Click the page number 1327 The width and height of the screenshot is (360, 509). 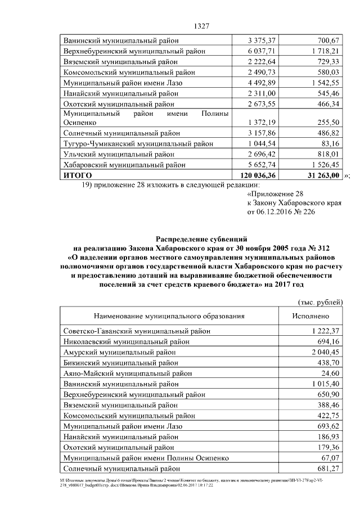click(201, 26)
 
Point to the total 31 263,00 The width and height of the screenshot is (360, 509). click(318, 175)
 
